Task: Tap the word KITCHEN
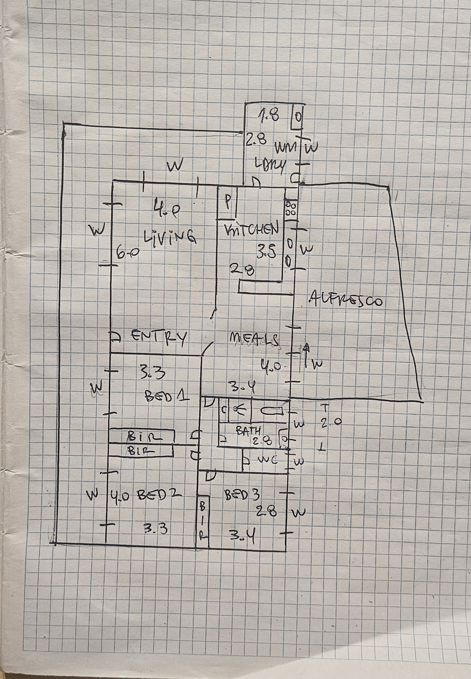coord(251,229)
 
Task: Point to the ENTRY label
coord(159,337)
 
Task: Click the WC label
coord(267,460)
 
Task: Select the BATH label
coord(248,431)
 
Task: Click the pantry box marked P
coord(227,203)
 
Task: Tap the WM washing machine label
coord(285,147)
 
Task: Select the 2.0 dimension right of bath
coord(331,423)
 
